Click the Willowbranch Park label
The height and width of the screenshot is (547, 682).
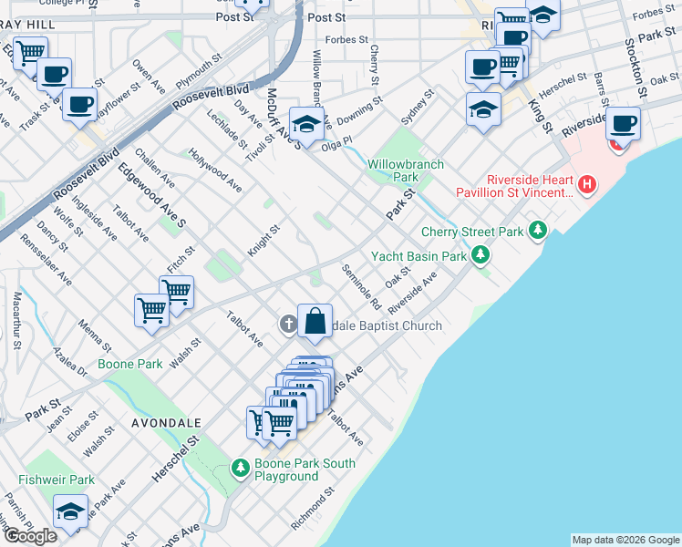point(405,170)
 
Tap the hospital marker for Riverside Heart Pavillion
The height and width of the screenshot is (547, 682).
point(587,185)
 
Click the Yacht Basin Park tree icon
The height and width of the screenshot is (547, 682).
point(480,257)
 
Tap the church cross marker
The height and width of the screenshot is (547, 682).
point(288,324)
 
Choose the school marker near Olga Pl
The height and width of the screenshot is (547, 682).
point(307,124)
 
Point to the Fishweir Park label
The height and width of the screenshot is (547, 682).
point(56,480)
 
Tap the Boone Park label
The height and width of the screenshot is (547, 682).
point(131,364)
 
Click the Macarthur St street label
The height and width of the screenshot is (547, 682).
point(16,320)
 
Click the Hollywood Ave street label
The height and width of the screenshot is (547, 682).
point(216,170)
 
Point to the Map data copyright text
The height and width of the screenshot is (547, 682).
point(625,540)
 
